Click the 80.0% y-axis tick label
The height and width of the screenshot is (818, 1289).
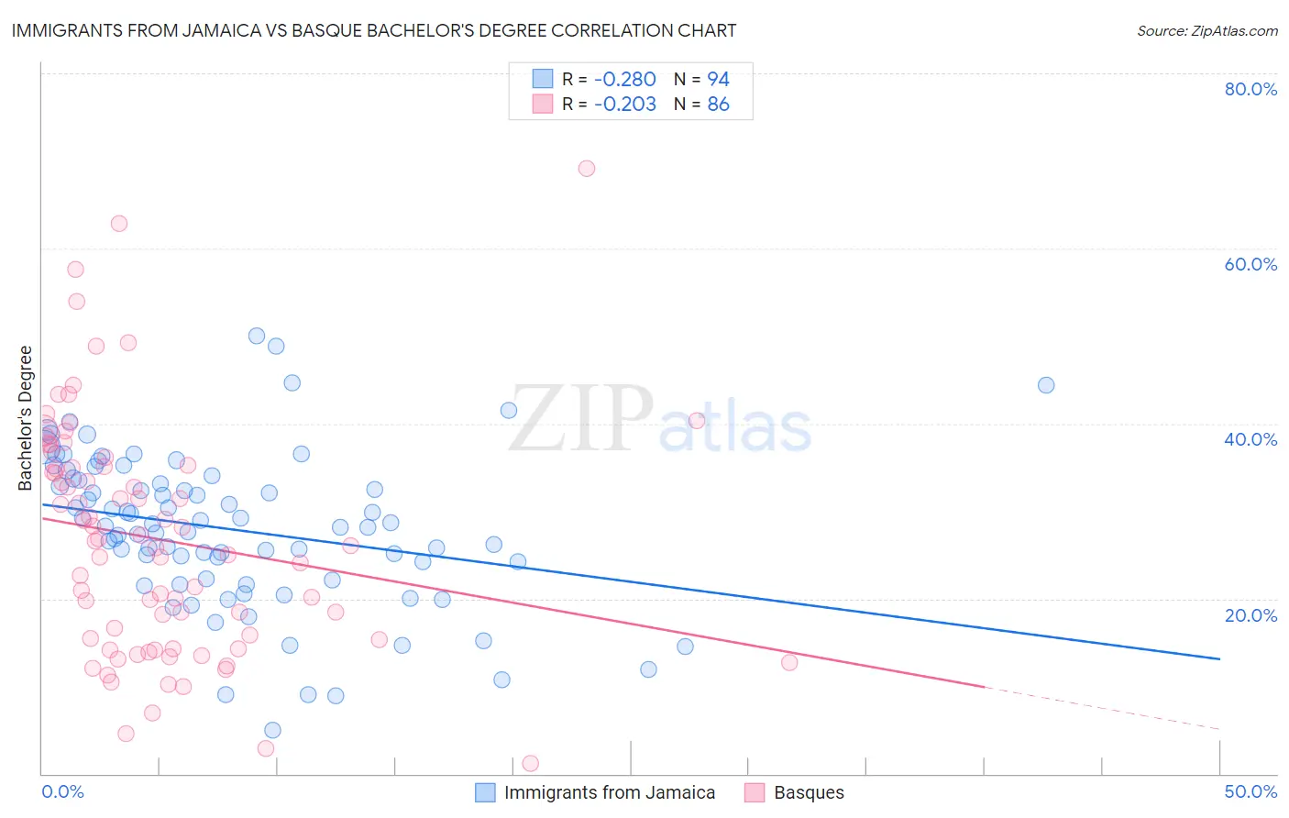pyautogui.click(x=1250, y=89)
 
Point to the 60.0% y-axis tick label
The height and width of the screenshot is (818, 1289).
pyautogui.click(x=1250, y=264)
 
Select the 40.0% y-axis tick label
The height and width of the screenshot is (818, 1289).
pyautogui.click(x=1250, y=439)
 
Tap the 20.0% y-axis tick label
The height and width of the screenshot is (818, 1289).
pyautogui.click(x=1250, y=614)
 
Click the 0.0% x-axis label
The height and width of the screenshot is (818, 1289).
pyautogui.click(x=62, y=791)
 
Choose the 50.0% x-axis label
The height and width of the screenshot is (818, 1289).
pyautogui.click(x=1250, y=791)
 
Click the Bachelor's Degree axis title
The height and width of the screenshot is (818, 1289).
pyautogui.click(x=26, y=418)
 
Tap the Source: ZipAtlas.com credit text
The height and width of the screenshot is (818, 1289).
pyautogui.click(x=1206, y=31)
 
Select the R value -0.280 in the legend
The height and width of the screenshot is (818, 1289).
pyautogui.click(x=624, y=79)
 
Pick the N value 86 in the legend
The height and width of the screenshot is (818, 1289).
pyautogui.click(x=718, y=105)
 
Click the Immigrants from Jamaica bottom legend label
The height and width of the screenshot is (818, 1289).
pyautogui.click(x=609, y=792)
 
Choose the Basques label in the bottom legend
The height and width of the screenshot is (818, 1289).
pyautogui.click(x=809, y=792)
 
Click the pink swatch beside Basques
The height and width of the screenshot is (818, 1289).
pyautogui.click(x=755, y=792)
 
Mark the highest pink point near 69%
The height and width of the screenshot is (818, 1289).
pyautogui.click(x=587, y=169)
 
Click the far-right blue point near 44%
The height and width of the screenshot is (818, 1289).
pyautogui.click(x=1046, y=385)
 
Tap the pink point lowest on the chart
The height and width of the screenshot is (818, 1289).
pyautogui.click(x=530, y=764)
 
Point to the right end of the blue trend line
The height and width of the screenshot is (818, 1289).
pyautogui.click(x=1219, y=658)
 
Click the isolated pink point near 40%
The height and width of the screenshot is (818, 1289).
pyautogui.click(x=697, y=421)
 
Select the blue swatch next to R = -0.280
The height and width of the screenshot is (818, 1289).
pyautogui.click(x=543, y=79)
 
